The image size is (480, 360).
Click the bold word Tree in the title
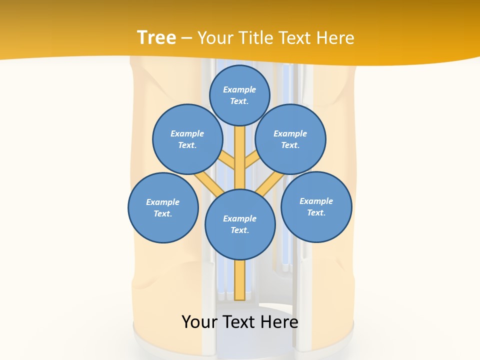(x=156, y=37)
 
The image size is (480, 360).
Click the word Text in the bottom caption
(x=240, y=321)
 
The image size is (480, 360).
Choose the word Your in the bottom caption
(x=199, y=321)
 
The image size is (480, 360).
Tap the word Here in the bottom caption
(x=279, y=321)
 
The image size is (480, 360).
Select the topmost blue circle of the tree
(x=239, y=95)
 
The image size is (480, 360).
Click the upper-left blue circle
(x=187, y=139)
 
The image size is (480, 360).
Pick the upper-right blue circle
(x=290, y=139)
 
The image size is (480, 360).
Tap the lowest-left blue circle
(x=163, y=207)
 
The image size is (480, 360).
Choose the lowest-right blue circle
(x=316, y=206)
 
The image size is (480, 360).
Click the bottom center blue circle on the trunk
(x=240, y=224)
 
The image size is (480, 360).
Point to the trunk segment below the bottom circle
(x=240, y=280)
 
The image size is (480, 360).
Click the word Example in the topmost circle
(x=239, y=89)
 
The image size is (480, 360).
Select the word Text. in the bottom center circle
(x=239, y=230)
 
